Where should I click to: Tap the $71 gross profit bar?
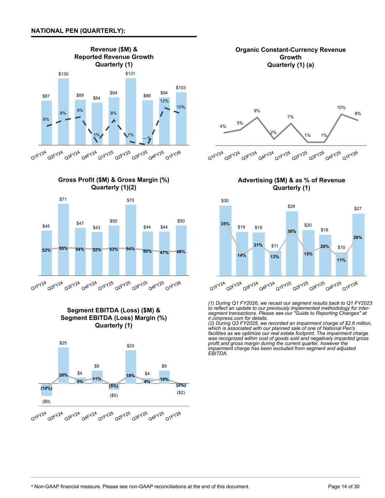tap(63, 237)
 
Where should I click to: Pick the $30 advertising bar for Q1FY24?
tap(225, 241)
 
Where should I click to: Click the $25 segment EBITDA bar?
tap(63, 365)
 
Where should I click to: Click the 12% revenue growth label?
tap(164, 101)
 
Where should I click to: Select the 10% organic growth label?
tap(341, 108)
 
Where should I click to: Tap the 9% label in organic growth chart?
tap(257, 111)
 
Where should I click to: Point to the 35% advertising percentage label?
tap(225, 224)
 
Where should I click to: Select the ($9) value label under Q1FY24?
tap(46, 401)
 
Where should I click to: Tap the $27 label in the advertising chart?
tap(358, 208)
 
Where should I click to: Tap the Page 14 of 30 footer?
tap(344, 486)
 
